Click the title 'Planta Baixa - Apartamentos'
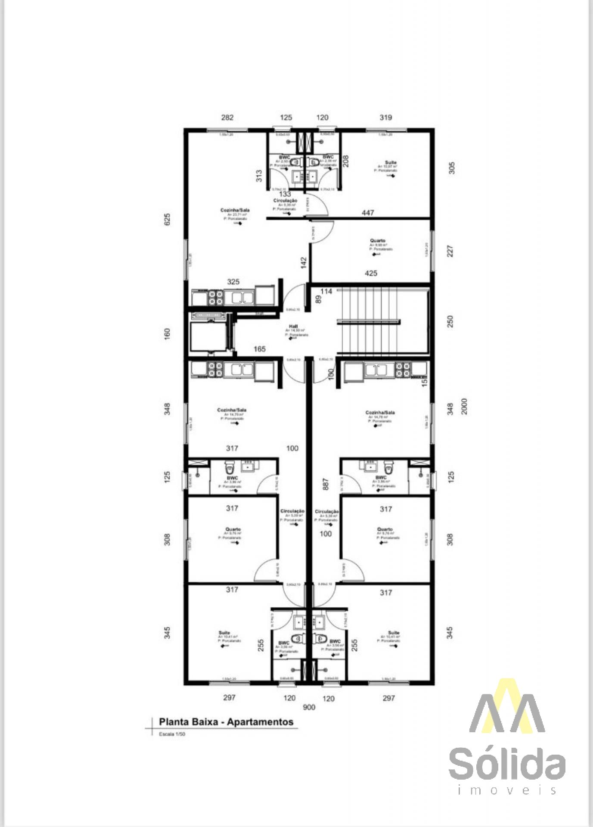pyautogui.click(x=226, y=722)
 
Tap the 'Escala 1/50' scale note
pyautogui.click(x=172, y=734)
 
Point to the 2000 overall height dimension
pyautogui.click(x=464, y=407)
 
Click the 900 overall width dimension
pyautogui.click(x=309, y=707)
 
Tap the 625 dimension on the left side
pyautogui.click(x=168, y=219)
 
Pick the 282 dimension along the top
pyautogui.click(x=227, y=118)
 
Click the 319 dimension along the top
pyautogui.click(x=385, y=118)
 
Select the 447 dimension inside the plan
pyautogui.click(x=368, y=213)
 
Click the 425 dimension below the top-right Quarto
pyautogui.click(x=371, y=273)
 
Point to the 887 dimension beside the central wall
pyautogui.click(x=326, y=484)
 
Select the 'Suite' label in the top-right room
pyautogui.click(x=391, y=162)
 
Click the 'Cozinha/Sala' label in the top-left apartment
pyautogui.click(x=235, y=210)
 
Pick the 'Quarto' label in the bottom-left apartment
pyautogui.click(x=233, y=529)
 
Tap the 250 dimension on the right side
pyautogui.click(x=450, y=321)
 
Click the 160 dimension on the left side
pyautogui.click(x=168, y=333)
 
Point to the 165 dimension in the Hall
pyautogui.click(x=259, y=349)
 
